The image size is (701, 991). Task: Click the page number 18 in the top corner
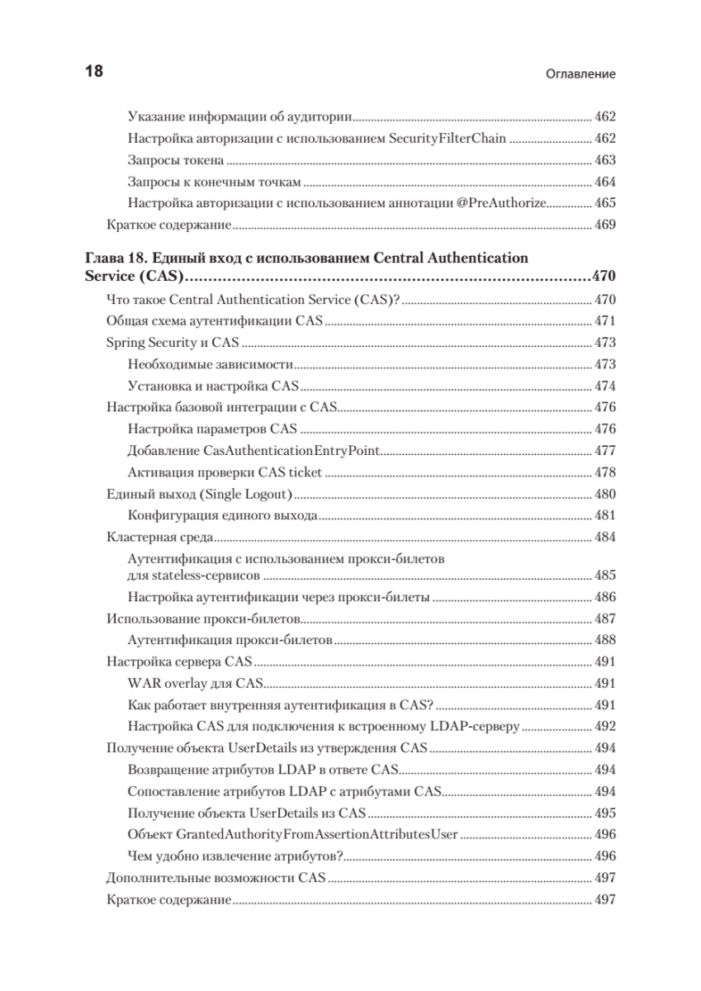point(94,71)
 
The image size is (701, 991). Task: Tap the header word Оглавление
point(581,73)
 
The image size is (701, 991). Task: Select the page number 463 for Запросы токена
point(605,159)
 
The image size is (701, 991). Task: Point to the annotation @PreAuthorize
point(501,202)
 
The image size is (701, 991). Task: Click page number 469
point(605,224)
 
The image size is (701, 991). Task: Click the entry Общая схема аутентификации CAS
point(216,321)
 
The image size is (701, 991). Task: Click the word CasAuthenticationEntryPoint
point(291,450)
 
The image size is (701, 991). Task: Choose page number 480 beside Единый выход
point(605,494)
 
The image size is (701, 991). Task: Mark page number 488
point(605,639)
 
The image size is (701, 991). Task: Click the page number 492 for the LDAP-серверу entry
point(605,726)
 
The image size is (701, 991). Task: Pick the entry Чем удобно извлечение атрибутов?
point(235,855)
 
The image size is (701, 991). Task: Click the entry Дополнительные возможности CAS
point(217,877)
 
